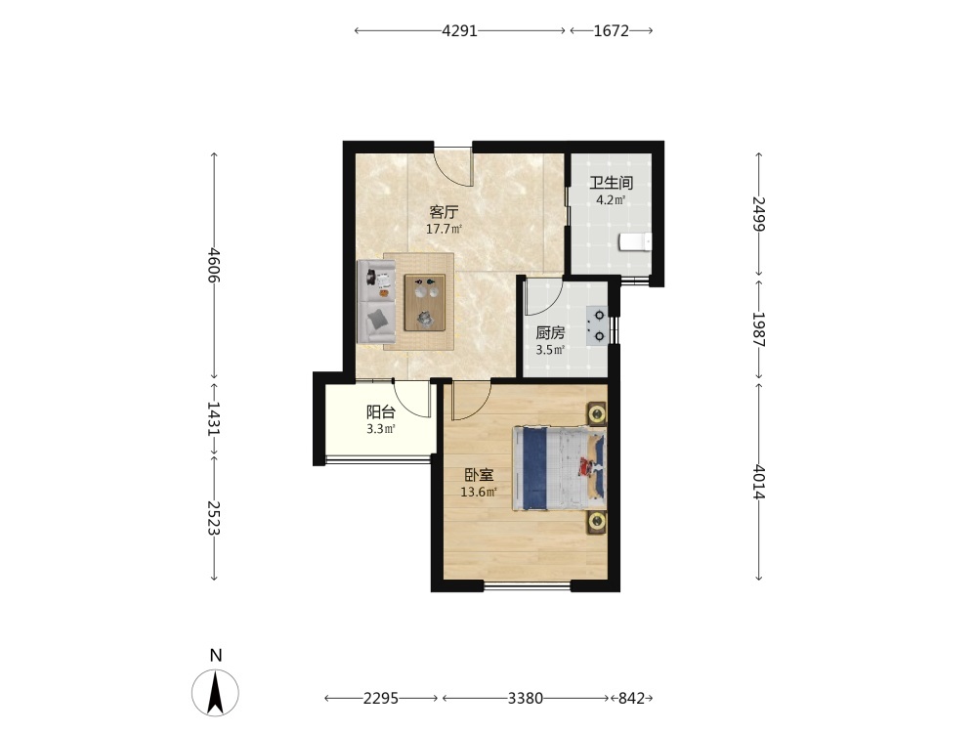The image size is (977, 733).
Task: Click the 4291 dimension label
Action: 459,30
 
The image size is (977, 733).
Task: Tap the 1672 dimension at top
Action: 612,30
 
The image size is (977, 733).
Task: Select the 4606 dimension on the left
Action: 214,265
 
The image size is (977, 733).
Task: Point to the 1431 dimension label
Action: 214,418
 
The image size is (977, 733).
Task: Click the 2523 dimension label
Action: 214,518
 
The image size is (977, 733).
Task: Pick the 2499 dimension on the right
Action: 759,213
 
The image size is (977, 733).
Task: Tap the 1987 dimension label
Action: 759,328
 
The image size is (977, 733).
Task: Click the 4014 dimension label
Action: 759,481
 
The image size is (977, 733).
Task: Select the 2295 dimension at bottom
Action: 381,699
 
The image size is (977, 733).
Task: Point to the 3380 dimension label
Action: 526,699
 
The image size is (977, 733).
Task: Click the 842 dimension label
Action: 631,699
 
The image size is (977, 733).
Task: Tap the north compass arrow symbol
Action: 215,692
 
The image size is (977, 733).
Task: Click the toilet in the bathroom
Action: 635,241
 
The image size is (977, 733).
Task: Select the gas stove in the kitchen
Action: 596,325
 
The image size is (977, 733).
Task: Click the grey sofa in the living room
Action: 376,301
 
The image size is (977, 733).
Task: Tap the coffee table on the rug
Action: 425,302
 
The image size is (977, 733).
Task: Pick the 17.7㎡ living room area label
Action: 445,229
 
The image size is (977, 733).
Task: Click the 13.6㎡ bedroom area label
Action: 479,492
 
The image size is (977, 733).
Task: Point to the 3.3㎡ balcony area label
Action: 381,429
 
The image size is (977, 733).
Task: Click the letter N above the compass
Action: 216,656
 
